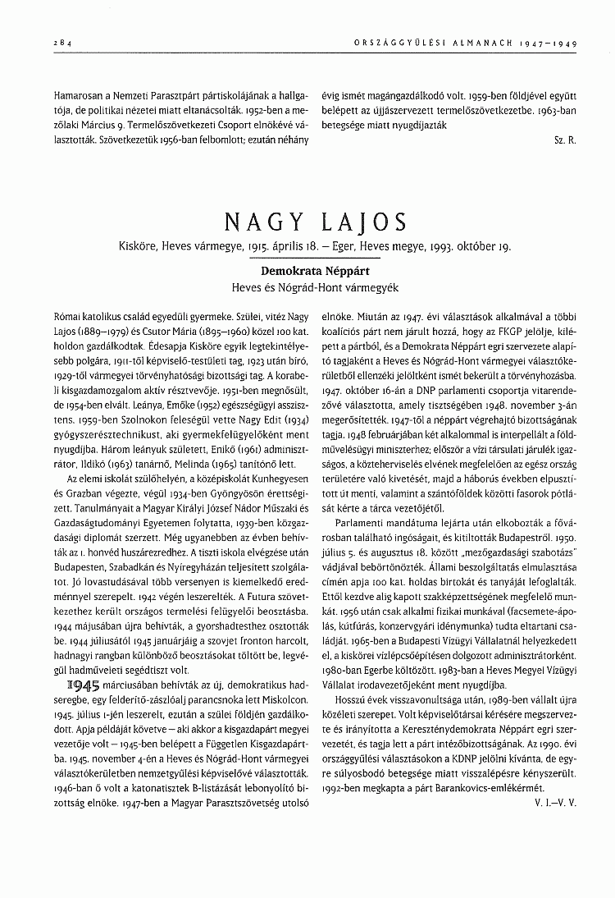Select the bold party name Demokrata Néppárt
tap(307, 268)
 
